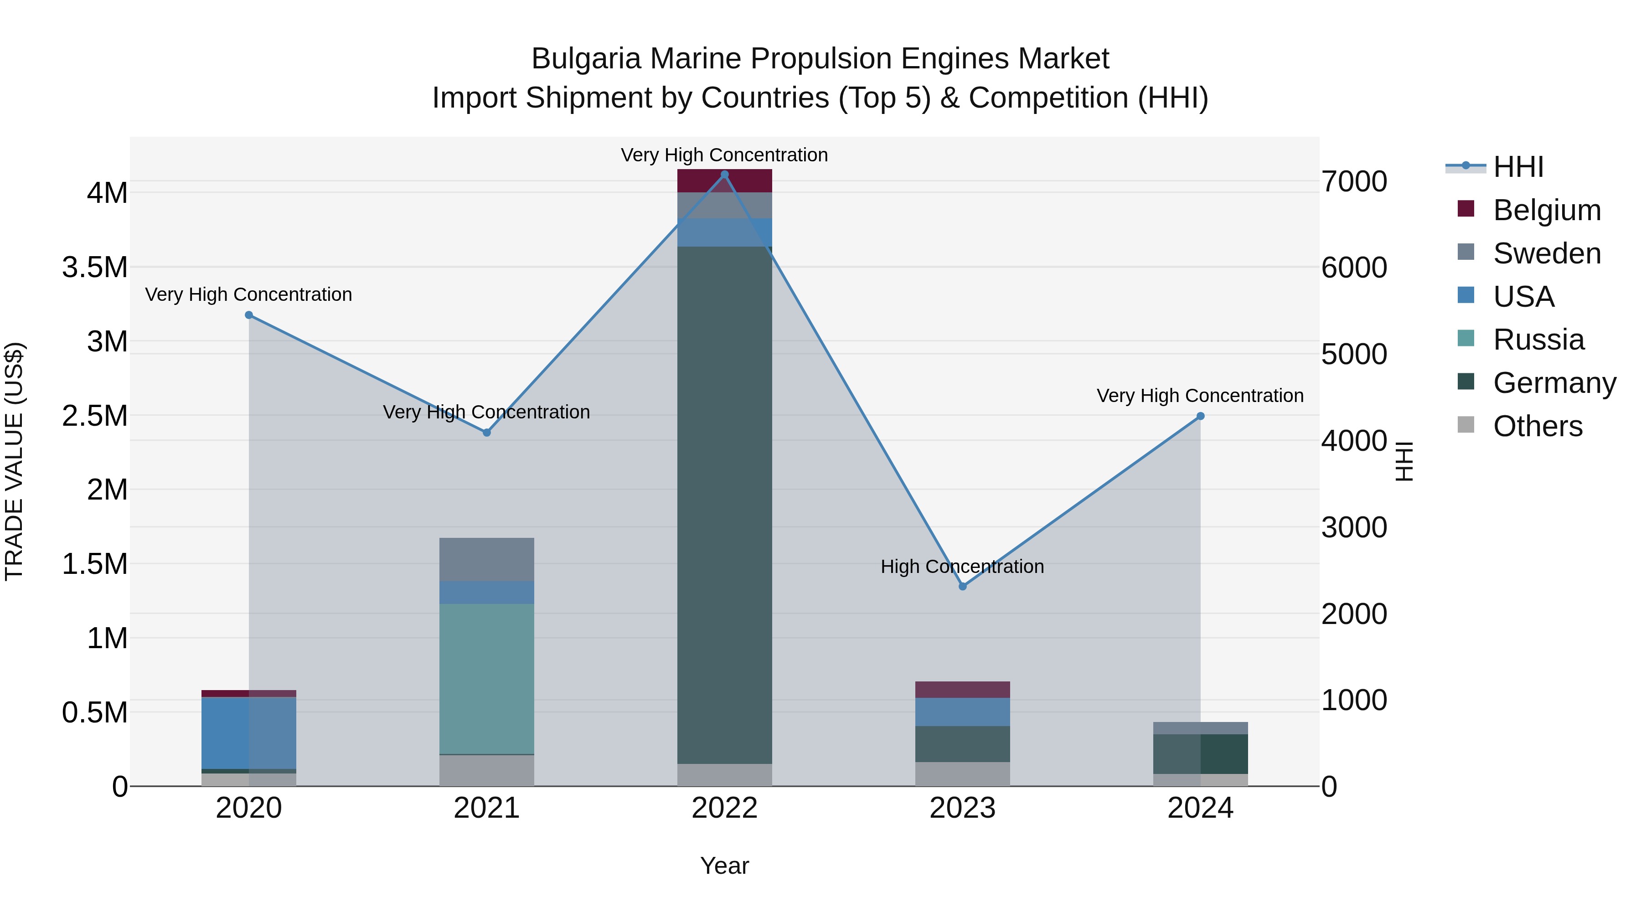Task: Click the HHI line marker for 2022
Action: click(x=724, y=175)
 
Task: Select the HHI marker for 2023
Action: click(x=963, y=586)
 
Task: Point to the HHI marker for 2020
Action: click(x=249, y=315)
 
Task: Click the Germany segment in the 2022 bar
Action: click(x=724, y=503)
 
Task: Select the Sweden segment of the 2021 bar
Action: click(x=487, y=559)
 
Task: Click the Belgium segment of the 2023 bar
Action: click(x=963, y=689)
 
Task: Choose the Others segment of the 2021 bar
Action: click(x=487, y=770)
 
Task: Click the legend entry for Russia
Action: click(x=1538, y=340)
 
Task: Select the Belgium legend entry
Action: click(x=1546, y=210)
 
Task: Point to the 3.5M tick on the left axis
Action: click(x=95, y=268)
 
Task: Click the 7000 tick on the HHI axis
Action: click(x=1354, y=181)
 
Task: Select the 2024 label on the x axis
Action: click(x=1200, y=808)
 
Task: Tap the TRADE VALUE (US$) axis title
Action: click(x=15, y=461)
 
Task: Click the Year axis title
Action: click(x=724, y=866)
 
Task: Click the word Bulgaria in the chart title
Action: click(x=585, y=59)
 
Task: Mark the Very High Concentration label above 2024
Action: click(x=1200, y=396)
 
